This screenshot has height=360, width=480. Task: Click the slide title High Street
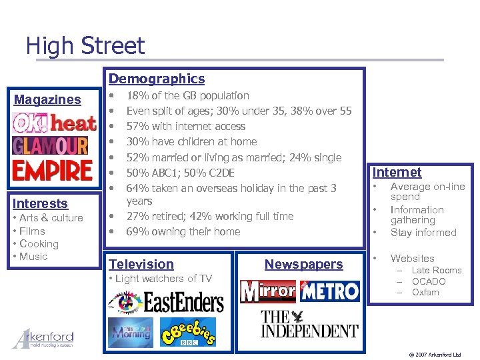(x=85, y=46)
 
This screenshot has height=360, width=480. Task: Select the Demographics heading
(x=157, y=79)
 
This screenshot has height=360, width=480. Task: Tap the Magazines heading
(x=47, y=99)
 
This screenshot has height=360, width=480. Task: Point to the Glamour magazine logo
(x=50, y=145)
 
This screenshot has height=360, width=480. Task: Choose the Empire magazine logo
(x=52, y=169)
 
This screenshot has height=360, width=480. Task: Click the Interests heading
(x=40, y=203)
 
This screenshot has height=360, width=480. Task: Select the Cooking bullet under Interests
(x=39, y=243)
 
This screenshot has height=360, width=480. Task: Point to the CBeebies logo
(x=190, y=331)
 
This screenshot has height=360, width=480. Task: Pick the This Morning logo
(x=131, y=331)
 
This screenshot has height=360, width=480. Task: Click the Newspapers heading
(x=303, y=264)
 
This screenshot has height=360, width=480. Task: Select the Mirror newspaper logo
(x=268, y=291)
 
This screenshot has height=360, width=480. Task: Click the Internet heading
(x=397, y=172)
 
